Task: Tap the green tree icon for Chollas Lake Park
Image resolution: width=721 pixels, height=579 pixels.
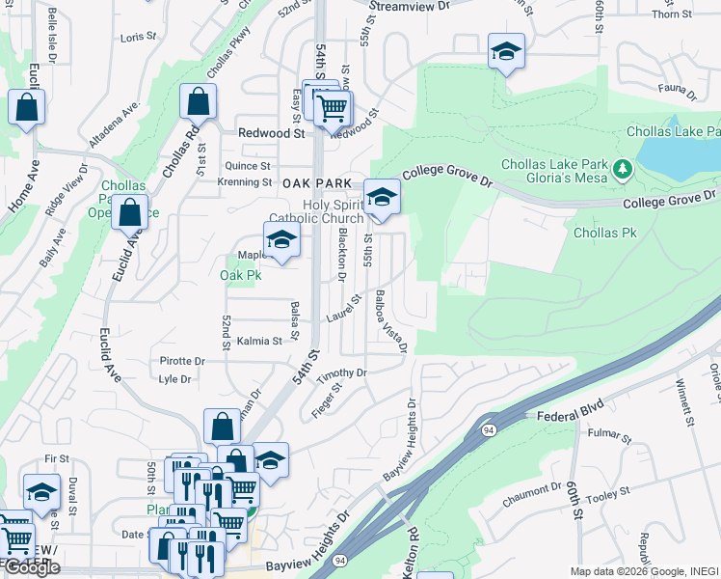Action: [623, 170]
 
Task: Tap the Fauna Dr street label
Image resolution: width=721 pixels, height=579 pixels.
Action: [680, 93]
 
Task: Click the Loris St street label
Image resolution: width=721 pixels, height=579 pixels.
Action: [139, 37]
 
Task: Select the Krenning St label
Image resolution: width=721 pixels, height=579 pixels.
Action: [245, 182]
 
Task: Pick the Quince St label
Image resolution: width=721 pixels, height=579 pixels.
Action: [249, 166]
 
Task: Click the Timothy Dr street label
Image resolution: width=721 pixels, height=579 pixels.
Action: [342, 373]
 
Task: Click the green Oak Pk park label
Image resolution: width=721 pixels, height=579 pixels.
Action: [241, 275]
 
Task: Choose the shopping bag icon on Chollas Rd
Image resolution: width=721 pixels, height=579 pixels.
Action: [198, 101]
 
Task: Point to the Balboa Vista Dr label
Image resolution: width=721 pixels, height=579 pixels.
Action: [390, 320]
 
